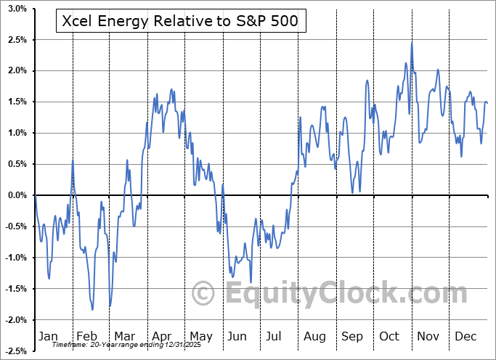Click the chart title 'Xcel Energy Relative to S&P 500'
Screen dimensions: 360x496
tap(181, 21)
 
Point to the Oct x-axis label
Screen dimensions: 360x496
tap(390, 336)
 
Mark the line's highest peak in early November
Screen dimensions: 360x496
tap(412, 42)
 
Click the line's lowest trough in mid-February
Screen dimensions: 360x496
tap(92, 310)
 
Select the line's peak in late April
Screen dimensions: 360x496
tap(171, 89)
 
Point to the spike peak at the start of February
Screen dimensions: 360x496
tap(73, 160)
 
